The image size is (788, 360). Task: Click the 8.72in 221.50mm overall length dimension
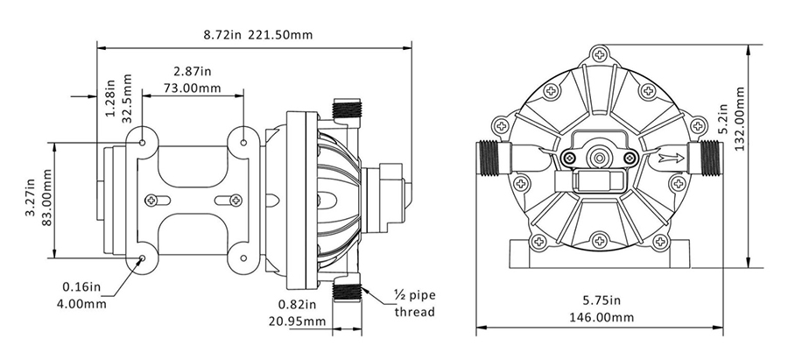click(x=257, y=35)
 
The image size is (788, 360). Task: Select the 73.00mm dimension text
click(x=192, y=88)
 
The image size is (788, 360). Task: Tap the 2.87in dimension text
click(x=192, y=71)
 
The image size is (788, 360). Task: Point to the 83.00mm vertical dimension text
click(x=46, y=200)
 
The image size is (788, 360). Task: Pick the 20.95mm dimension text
click(x=298, y=321)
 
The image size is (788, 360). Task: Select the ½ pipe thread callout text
click(x=411, y=305)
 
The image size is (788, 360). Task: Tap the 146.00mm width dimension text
click(x=601, y=317)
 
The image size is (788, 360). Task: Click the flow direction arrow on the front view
click(x=671, y=159)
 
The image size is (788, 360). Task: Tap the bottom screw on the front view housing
click(x=600, y=239)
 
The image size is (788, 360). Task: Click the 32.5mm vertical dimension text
click(x=128, y=96)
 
